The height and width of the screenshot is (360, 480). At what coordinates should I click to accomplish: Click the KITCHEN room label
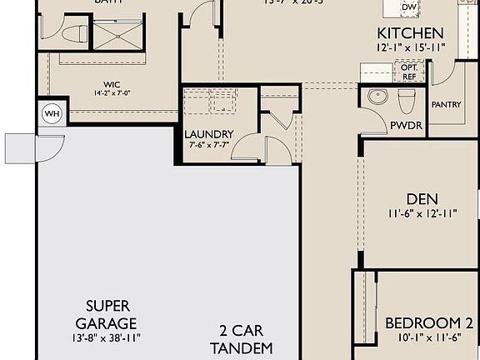[x=409, y=34]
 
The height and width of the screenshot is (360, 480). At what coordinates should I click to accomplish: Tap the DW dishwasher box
[x=408, y=7]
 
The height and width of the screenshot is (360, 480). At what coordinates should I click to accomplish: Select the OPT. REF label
[x=408, y=72]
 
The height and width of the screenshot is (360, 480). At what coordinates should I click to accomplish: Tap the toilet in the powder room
[x=406, y=99]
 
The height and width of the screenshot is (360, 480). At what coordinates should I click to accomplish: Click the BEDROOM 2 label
[x=422, y=323]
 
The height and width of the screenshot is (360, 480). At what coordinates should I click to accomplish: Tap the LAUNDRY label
[x=208, y=134]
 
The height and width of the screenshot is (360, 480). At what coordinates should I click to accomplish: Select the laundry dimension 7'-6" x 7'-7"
[x=208, y=146]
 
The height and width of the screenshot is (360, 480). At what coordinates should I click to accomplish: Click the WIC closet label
[x=113, y=83]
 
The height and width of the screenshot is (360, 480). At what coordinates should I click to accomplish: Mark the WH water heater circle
[x=51, y=113]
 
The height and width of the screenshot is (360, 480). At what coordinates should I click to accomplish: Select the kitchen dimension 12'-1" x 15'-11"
[x=409, y=48]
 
